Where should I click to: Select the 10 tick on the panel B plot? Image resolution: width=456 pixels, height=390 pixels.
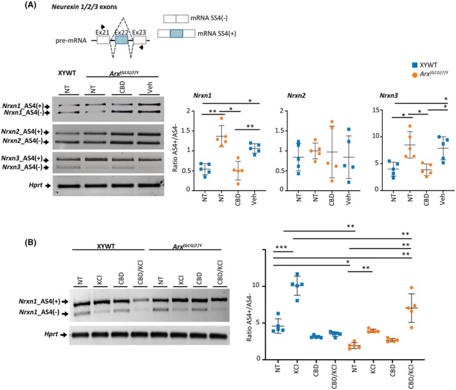click(262, 285)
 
